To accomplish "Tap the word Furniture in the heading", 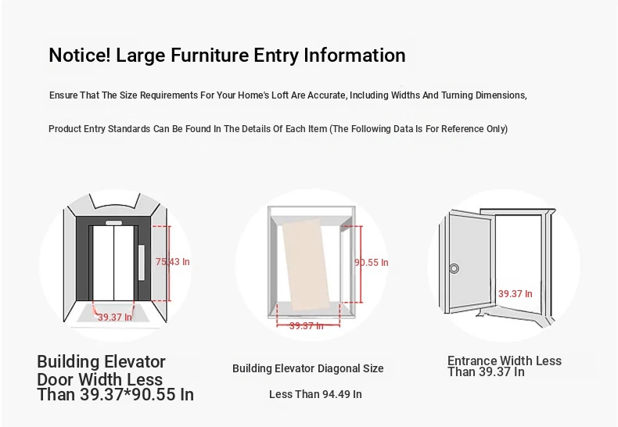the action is click(209, 55).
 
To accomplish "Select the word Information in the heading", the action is click(354, 55).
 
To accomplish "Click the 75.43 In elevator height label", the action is click(173, 261).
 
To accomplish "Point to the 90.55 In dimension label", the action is click(372, 262).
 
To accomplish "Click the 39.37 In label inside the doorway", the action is click(516, 293).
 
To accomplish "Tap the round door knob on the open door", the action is click(454, 268).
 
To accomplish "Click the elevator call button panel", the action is click(142, 263).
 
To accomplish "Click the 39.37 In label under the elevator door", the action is click(115, 317).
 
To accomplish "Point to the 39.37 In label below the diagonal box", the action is click(306, 326).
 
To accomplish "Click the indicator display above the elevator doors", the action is click(113, 223).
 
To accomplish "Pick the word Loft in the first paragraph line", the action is click(279, 95).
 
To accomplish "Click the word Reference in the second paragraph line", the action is click(462, 129).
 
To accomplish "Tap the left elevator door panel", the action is click(103, 263).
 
